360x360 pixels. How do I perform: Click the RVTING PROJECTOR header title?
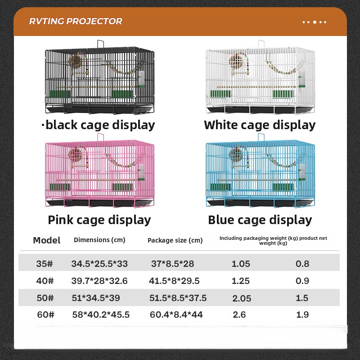76,21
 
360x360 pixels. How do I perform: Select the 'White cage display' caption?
260,126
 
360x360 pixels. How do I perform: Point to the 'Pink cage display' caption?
99,220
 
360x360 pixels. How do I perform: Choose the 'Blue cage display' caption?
260,220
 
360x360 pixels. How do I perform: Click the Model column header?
47,240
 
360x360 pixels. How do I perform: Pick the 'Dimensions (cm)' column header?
99,240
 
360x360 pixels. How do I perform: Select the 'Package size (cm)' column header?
175,240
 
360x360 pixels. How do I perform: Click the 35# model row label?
44,264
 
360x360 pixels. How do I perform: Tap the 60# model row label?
45,315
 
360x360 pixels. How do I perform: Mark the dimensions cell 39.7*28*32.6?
99,281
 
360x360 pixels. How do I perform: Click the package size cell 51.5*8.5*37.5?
178,298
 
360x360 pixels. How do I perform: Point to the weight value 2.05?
242,298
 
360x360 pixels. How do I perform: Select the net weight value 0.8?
302,264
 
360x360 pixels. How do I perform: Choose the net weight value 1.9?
302,315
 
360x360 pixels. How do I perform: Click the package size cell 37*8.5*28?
172,264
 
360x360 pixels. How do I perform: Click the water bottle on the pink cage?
141,172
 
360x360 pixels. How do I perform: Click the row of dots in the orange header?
315,22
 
